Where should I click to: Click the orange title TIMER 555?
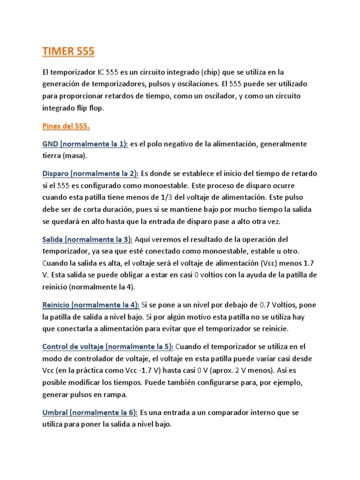68,52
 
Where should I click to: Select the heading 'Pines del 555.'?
66,126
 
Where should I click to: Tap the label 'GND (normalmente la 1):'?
85,144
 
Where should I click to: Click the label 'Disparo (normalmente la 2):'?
90,173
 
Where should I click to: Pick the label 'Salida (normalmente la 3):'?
87,240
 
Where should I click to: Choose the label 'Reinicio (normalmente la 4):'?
91,305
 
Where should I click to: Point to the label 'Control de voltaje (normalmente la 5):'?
108,347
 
